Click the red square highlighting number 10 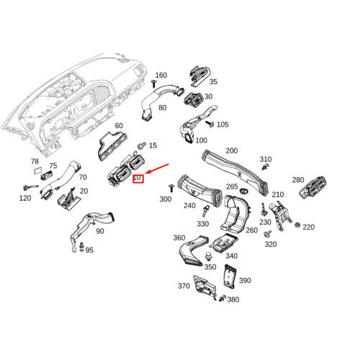tap(138, 177)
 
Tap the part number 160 tap(161, 75)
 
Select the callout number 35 tap(213, 82)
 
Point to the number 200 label tap(231, 150)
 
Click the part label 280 tap(298, 179)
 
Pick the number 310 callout tap(266, 159)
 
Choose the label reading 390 tap(244, 281)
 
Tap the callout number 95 tap(90, 250)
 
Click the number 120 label tap(25, 198)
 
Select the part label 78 tap(35, 162)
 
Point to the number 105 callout tap(222, 125)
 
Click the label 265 tap(232, 186)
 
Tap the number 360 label tap(179, 238)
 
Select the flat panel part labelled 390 tap(229, 276)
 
